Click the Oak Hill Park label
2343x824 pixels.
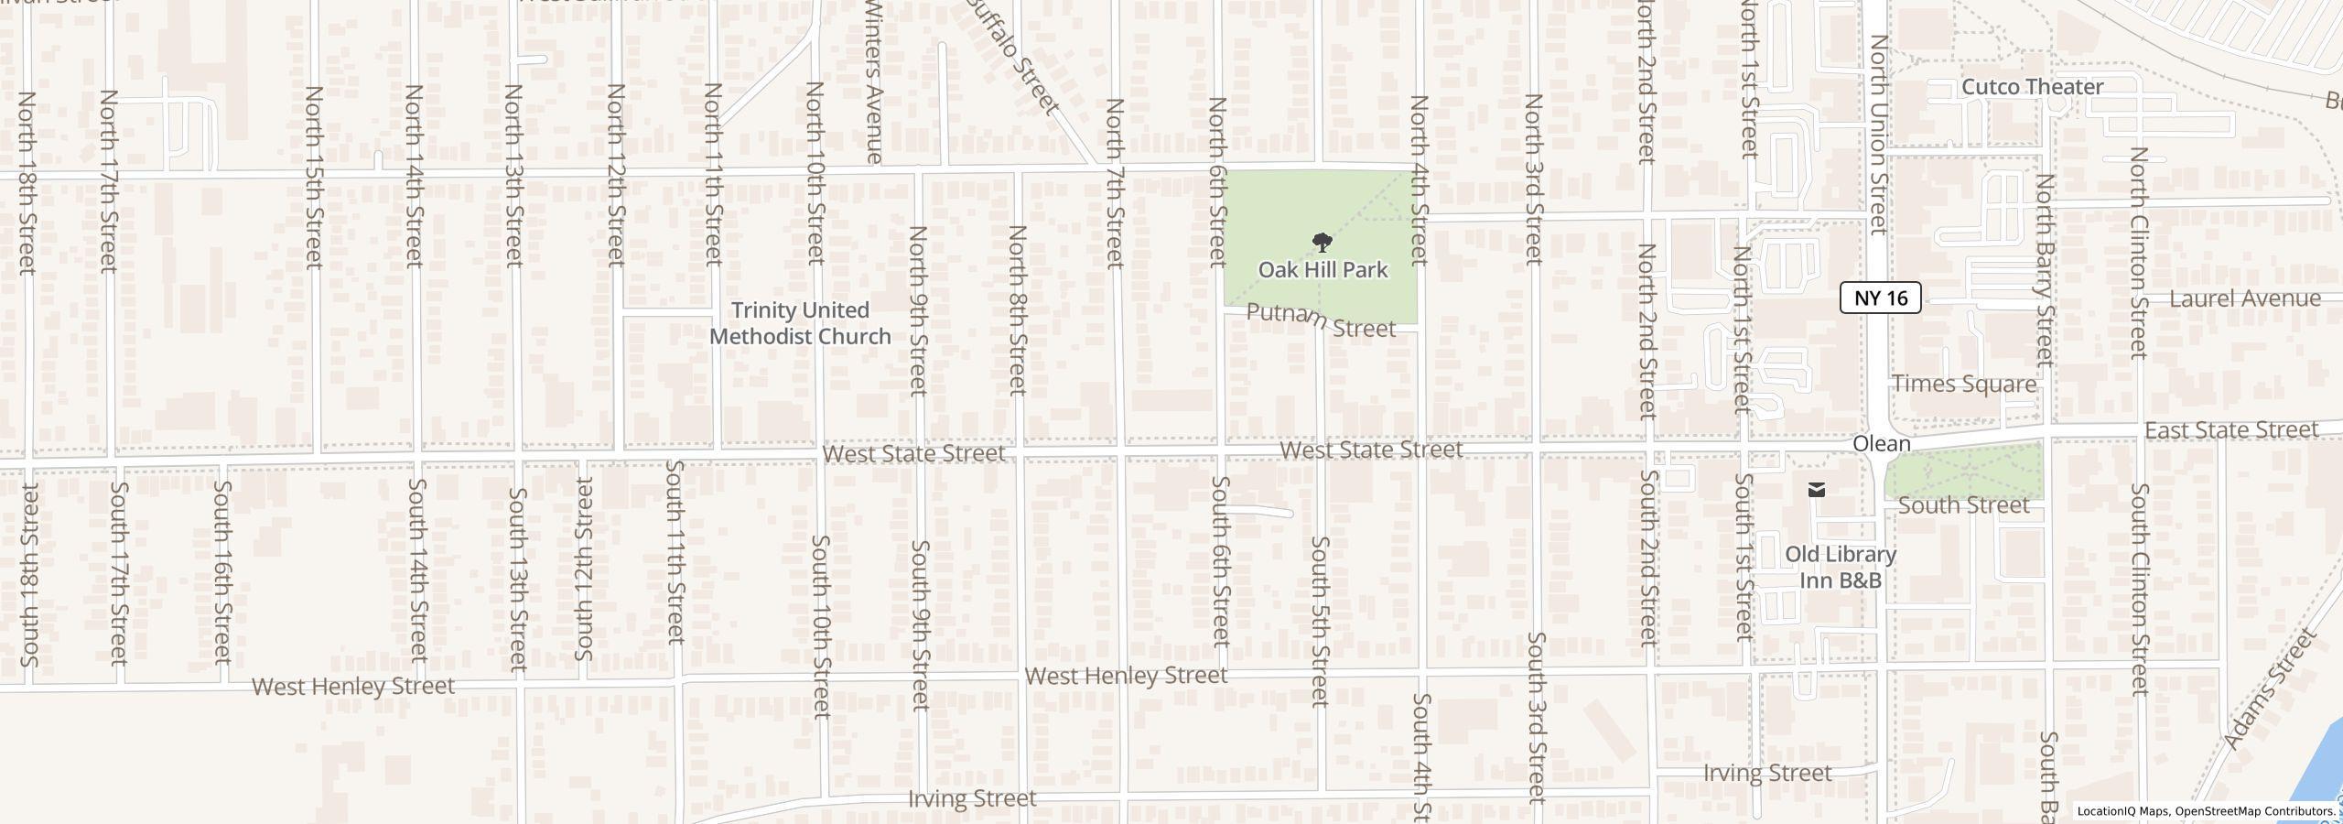1323,270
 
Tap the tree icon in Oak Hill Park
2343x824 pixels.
1322,243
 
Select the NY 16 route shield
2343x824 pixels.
1880,298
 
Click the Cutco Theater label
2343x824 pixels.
2032,87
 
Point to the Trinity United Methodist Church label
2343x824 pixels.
800,323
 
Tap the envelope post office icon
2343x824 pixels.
1817,490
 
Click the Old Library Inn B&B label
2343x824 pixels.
1841,568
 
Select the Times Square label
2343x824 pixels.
1964,384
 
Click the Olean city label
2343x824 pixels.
1882,444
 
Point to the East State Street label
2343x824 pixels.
2231,430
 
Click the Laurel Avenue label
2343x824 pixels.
2244,298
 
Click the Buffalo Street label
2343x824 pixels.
1012,55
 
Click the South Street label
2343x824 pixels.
1963,505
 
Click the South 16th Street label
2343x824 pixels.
222,573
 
